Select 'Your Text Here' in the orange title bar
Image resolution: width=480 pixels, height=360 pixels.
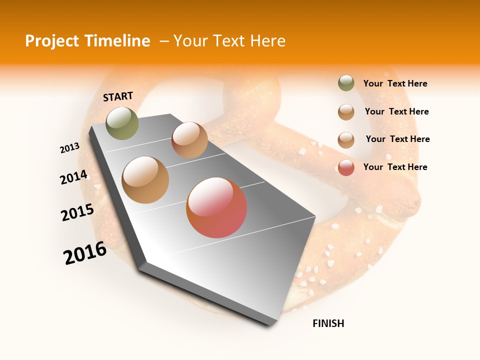pyautogui.click(x=229, y=41)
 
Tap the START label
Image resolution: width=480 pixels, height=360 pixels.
pyautogui.click(x=118, y=96)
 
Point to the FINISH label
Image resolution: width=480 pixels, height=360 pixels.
pyautogui.click(x=328, y=323)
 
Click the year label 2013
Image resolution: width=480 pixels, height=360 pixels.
pyautogui.click(x=69, y=148)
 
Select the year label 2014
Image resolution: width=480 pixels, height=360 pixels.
pyautogui.click(x=73, y=177)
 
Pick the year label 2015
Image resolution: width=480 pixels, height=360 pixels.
pyautogui.click(x=77, y=212)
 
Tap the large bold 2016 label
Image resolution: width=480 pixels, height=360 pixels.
pyautogui.click(x=84, y=253)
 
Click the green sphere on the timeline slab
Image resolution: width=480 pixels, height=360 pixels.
pyautogui.click(x=122, y=123)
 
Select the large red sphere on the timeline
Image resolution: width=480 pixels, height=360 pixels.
pyautogui.click(x=216, y=207)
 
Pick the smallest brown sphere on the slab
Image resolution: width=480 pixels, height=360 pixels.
pyautogui.click(x=189, y=140)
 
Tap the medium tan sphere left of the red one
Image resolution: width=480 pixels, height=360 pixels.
pyautogui.click(x=145, y=179)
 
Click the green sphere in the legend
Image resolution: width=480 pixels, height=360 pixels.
pyautogui.click(x=346, y=83)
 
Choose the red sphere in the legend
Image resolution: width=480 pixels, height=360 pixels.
pyautogui.click(x=346, y=167)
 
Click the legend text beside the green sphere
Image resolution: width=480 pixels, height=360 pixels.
pyautogui.click(x=395, y=84)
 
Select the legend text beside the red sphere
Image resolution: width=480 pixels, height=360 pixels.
pyautogui.click(x=395, y=167)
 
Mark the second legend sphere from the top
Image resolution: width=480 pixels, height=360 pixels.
pyautogui.click(x=346, y=112)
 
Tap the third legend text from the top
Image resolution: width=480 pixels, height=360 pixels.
pyautogui.click(x=397, y=139)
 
